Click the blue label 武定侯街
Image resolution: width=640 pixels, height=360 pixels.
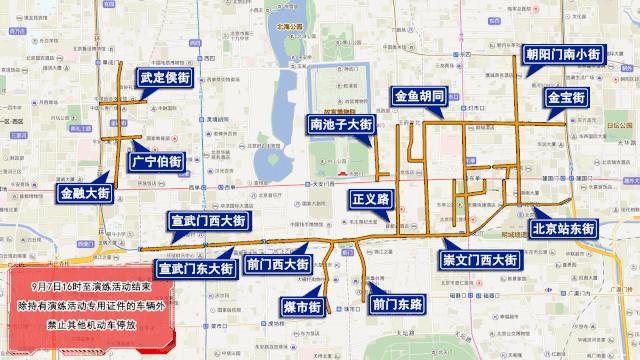[x=173, y=77]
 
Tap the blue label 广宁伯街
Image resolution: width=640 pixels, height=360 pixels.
[x=157, y=161]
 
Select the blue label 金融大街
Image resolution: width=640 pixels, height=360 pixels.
[x=84, y=193]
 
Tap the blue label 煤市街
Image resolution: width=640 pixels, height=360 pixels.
[x=301, y=305]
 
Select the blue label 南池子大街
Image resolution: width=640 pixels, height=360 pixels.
[x=340, y=125]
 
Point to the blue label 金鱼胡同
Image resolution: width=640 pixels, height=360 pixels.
[x=426, y=97]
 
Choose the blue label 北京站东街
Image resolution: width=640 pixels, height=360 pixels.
[x=564, y=228]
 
